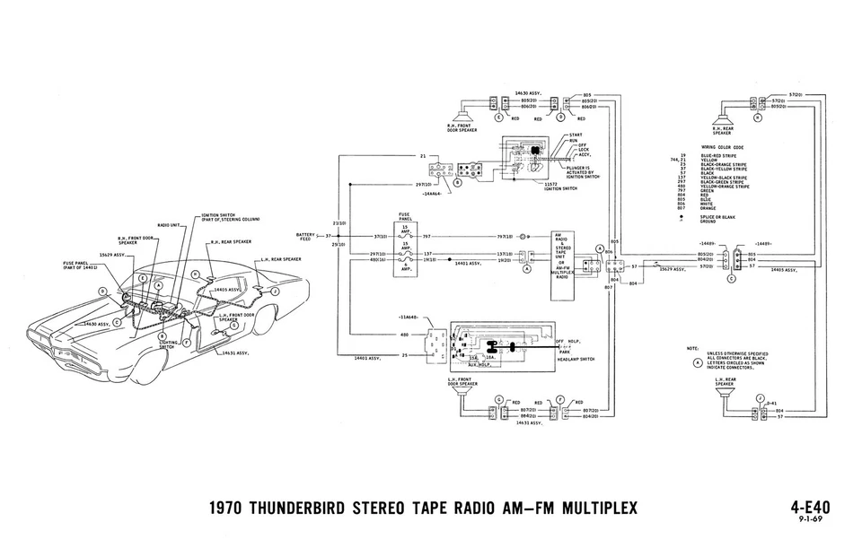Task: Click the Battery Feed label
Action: click(305, 237)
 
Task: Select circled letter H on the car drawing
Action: click(194, 274)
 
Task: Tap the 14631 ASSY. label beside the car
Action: click(238, 354)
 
